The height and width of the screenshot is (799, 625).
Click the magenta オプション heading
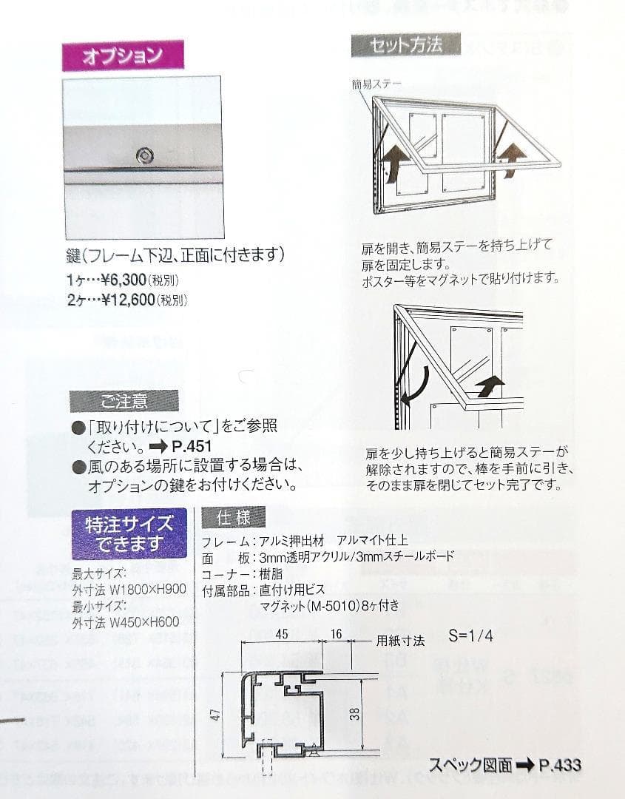click(123, 56)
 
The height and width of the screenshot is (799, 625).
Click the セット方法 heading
click(406, 46)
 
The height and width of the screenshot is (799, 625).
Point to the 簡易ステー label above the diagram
click(377, 84)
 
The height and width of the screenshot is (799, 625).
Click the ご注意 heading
click(124, 402)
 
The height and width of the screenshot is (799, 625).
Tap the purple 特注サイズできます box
click(129, 533)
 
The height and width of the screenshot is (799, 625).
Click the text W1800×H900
click(147, 590)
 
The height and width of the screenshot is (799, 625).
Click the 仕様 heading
click(233, 518)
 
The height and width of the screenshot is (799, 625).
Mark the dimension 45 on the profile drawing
click(281, 633)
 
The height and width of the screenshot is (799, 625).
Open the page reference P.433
click(560, 765)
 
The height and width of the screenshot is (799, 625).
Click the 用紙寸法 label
click(400, 641)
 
